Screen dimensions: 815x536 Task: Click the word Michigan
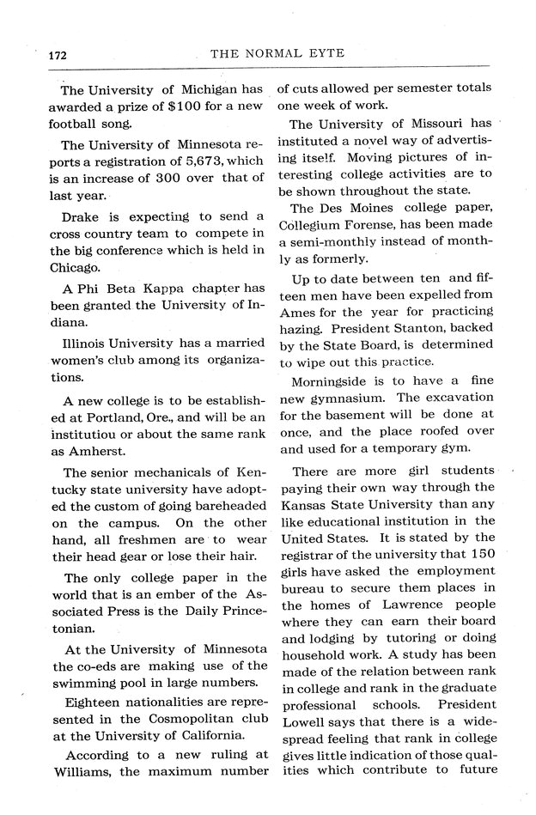[211, 88]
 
